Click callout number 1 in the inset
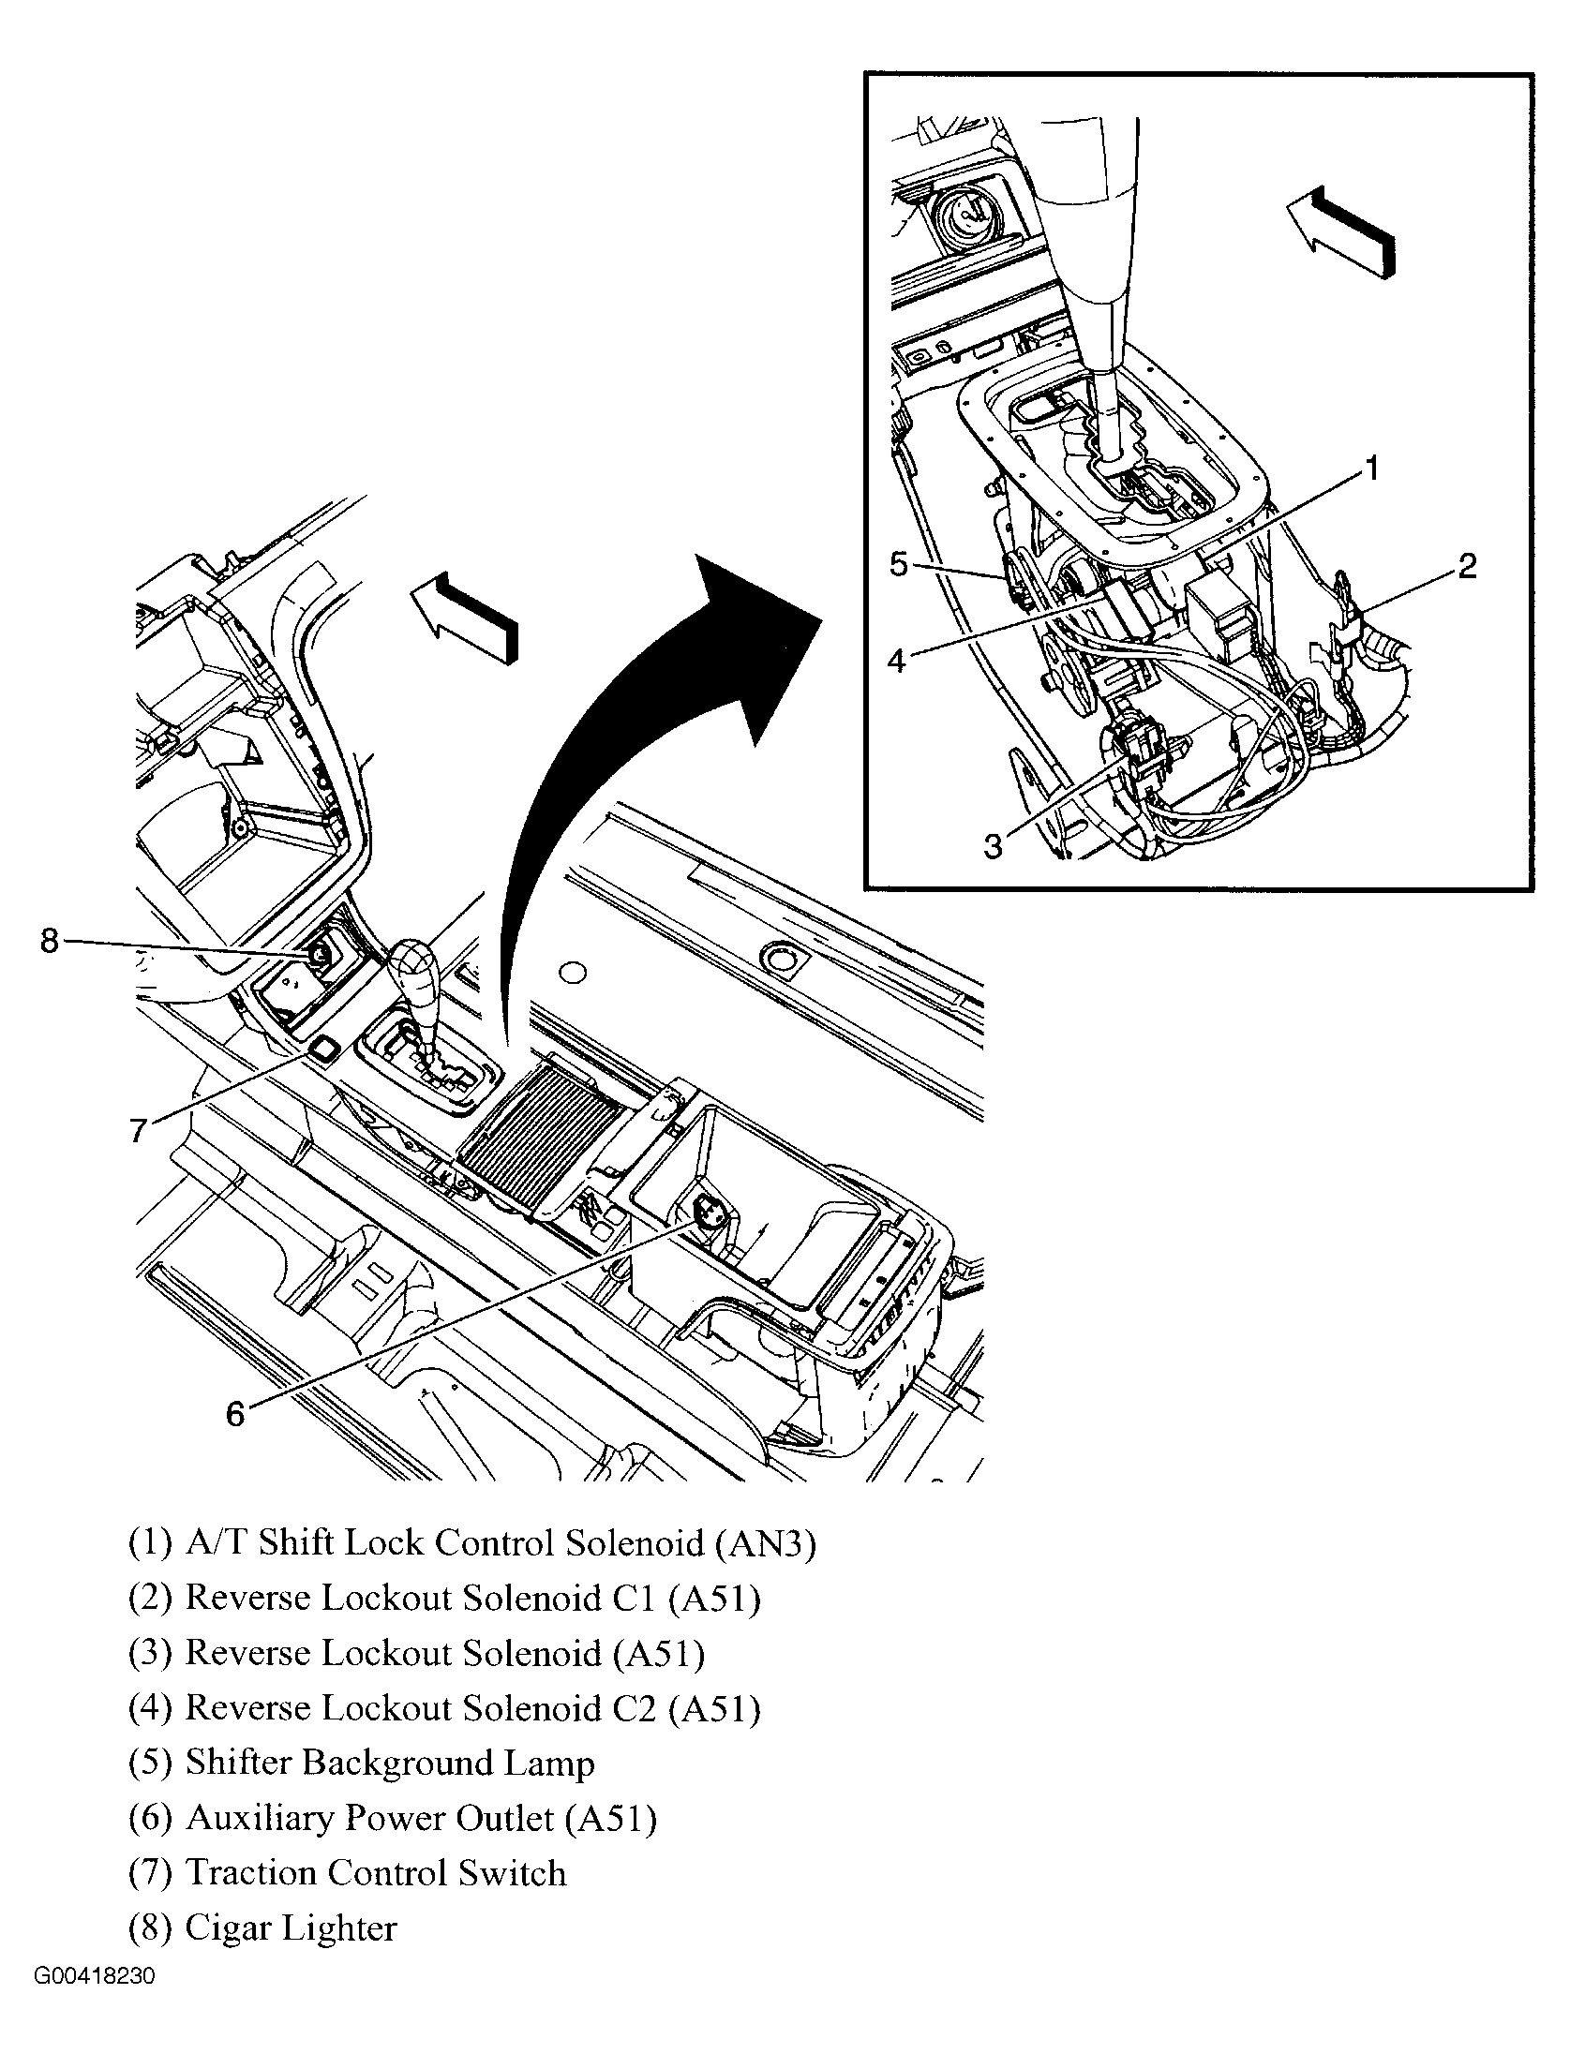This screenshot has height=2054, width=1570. pyautogui.click(x=1370, y=468)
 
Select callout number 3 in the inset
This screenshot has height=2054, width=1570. pyautogui.click(x=993, y=846)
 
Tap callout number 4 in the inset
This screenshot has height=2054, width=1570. pyautogui.click(x=897, y=661)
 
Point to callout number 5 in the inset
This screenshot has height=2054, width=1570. pyautogui.click(x=898, y=566)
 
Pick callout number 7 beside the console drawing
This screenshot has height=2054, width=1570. pyautogui.click(x=139, y=1131)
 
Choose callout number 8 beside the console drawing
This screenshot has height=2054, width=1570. pyautogui.click(x=50, y=940)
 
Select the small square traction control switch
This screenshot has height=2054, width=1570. pyautogui.click(x=325, y=1049)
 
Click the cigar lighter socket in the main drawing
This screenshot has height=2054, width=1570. pyautogui.click(x=319, y=955)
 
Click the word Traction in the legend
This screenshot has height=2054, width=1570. pyautogui.click(x=250, y=1873)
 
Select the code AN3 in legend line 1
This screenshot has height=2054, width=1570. pyautogui.click(x=765, y=1543)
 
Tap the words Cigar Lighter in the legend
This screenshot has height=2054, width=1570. pyautogui.click(x=291, y=1927)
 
